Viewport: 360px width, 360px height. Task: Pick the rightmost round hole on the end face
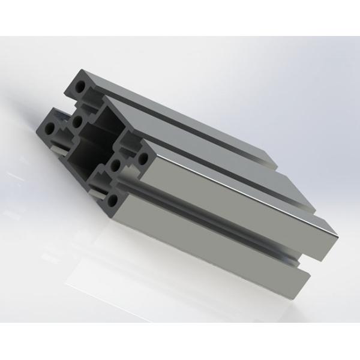[x=143, y=159]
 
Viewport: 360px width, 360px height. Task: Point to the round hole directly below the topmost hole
[x=77, y=122]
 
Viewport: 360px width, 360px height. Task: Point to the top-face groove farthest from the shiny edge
[x=192, y=123]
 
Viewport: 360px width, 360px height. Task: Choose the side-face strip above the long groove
[x=228, y=204]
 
